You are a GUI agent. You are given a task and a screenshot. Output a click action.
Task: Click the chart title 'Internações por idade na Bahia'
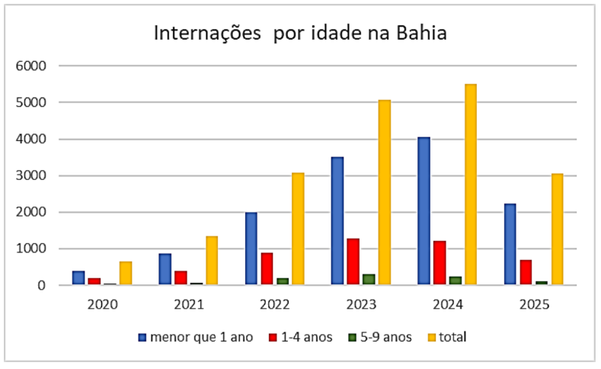pos(300,34)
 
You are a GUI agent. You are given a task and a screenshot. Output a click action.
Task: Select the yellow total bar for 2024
pos(471,184)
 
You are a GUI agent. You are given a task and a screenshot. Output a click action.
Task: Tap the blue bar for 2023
pos(337,221)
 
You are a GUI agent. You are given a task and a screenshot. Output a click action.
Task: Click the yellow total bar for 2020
pos(126,274)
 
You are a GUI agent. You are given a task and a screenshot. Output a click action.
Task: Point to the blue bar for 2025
pos(510,245)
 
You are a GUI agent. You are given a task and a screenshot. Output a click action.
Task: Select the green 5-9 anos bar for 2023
pos(369,280)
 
